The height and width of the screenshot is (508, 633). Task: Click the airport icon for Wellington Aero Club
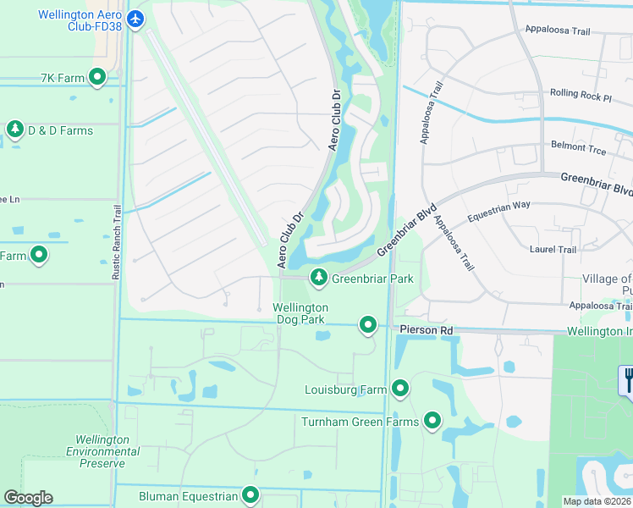(x=135, y=18)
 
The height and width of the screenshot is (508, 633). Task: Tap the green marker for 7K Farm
(x=97, y=78)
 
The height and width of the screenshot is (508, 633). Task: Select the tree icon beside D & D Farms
(x=14, y=130)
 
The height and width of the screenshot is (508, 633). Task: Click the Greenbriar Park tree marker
(x=318, y=277)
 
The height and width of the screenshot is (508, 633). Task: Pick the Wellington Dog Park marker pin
(x=367, y=324)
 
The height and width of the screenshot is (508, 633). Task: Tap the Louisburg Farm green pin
(x=400, y=389)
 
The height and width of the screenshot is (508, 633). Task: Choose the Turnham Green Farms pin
(x=432, y=421)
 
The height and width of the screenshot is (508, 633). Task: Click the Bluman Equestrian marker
(x=250, y=495)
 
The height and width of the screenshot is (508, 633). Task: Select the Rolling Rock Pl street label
(x=581, y=97)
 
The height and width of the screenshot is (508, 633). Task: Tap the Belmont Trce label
(x=579, y=146)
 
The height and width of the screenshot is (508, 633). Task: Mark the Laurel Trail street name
(x=553, y=250)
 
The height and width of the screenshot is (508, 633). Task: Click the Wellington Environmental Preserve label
(x=102, y=451)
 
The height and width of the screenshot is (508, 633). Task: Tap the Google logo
(x=28, y=498)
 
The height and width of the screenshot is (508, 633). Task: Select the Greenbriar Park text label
(x=372, y=279)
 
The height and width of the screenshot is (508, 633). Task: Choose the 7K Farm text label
(x=63, y=79)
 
